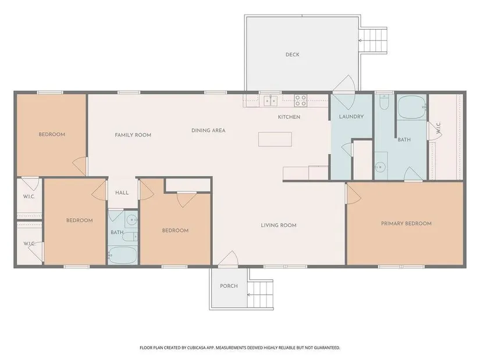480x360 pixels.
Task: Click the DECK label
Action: coord(292,55)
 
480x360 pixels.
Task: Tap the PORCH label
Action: coord(229,286)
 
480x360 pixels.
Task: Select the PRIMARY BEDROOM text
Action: coord(406,223)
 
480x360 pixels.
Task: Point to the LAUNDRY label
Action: coord(351,117)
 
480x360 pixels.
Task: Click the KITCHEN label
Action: coord(289,117)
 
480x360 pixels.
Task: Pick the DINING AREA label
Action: coord(208,130)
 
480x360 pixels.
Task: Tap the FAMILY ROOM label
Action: coord(133,135)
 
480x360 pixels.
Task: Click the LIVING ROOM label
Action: coord(279,225)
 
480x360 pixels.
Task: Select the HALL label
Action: coord(122,193)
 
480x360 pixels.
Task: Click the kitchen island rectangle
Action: coord(275,139)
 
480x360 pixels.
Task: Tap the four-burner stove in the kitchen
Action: coord(301,101)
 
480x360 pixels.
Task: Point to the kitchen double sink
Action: coord(271,101)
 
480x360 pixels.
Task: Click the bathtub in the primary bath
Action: coord(412,107)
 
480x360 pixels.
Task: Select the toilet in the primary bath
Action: coord(383,102)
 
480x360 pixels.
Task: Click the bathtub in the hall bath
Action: coord(122,255)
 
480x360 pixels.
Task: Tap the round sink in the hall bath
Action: coord(132,219)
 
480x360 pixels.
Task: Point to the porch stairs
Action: coord(260,294)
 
